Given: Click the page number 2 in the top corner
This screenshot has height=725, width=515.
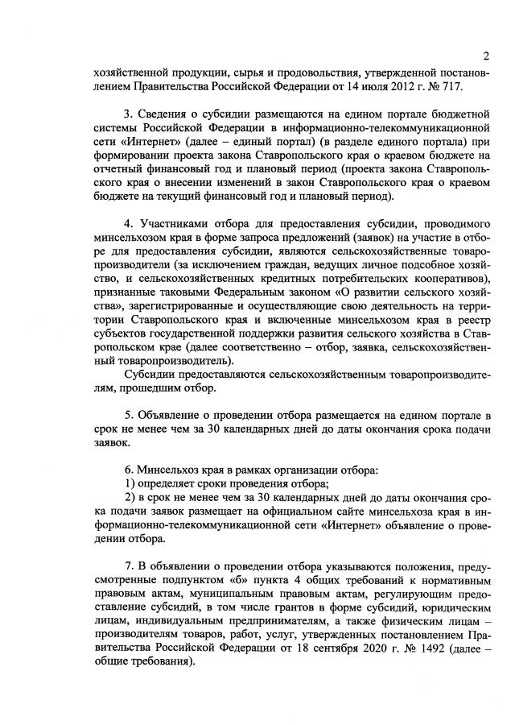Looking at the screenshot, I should pyautogui.click(x=487, y=56).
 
